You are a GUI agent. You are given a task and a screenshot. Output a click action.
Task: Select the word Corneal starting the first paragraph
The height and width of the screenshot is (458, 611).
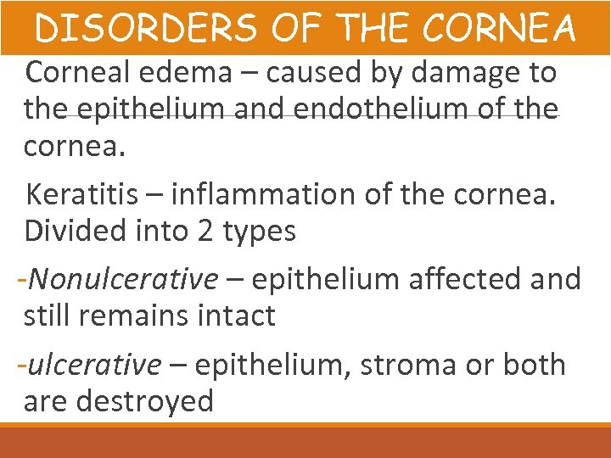(76, 73)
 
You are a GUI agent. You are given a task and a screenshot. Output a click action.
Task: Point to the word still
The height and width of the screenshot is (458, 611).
(48, 316)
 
